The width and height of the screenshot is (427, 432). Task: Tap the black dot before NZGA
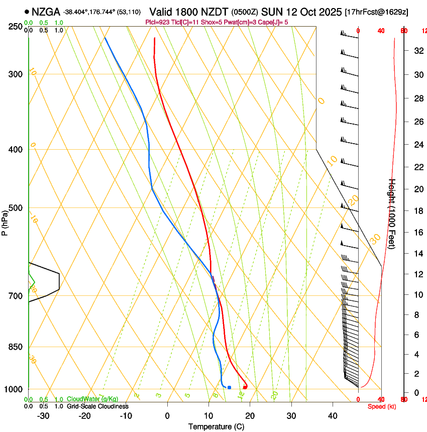[x=27, y=12]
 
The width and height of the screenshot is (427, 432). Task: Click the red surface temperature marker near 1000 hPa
[x=245, y=387]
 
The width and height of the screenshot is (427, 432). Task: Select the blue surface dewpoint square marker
[x=229, y=387]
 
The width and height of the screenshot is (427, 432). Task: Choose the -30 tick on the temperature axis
[x=43, y=416]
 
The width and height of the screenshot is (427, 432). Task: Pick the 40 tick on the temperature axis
[x=332, y=416]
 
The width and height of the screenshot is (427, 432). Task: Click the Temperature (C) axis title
[x=216, y=426]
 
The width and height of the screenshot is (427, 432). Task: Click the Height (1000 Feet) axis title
[x=392, y=213]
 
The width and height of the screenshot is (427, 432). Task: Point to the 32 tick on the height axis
[x=417, y=50]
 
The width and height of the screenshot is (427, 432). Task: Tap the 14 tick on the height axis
[x=417, y=254]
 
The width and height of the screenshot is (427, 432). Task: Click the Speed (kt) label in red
[x=382, y=406]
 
